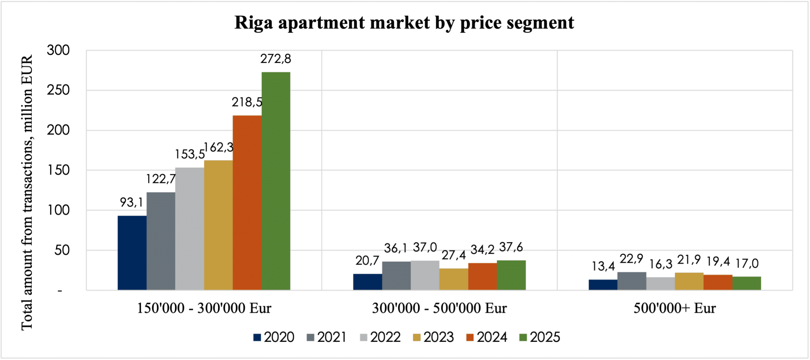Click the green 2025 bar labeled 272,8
276,181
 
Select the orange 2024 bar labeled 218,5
247,202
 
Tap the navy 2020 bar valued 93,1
132,253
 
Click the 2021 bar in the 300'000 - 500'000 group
396,276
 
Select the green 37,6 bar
511,275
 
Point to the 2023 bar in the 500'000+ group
689,281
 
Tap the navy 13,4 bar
603,285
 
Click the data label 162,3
219,147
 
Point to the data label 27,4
453,255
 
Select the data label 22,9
631,259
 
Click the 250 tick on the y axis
58,90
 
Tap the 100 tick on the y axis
58,210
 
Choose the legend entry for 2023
433,337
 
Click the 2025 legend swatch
523,338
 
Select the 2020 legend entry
274,337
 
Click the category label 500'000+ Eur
675,308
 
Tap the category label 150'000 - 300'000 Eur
204,308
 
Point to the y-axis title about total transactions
27,193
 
